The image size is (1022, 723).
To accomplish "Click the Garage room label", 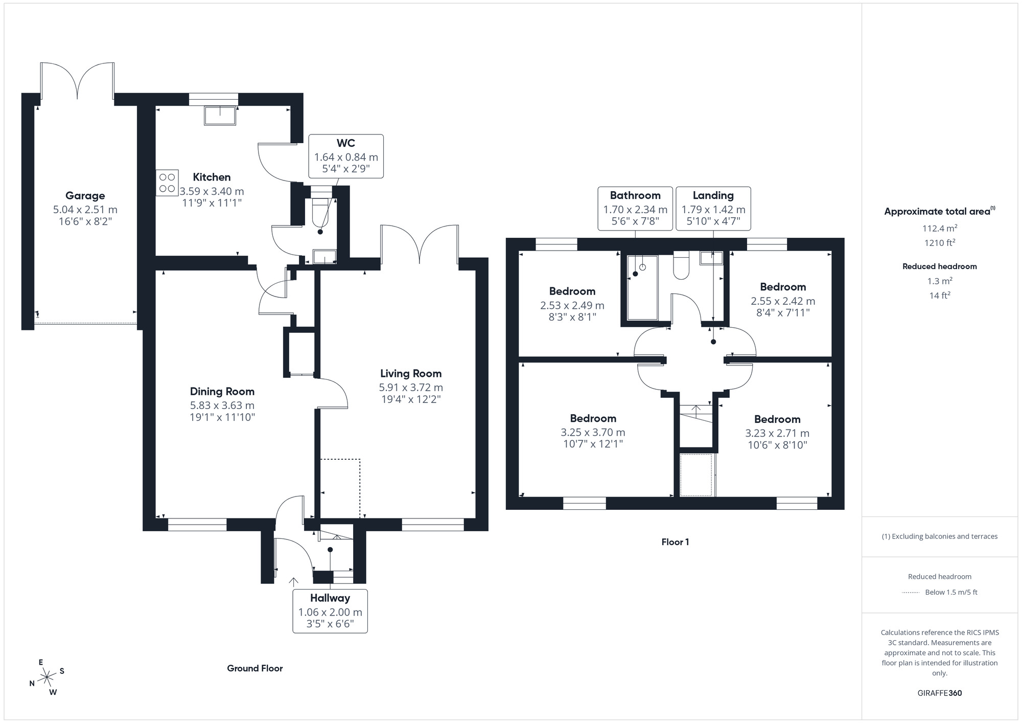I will pyautogui.click(x=85, y=195).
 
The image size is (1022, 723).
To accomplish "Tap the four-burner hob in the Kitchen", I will pyautogui.click(x=168, y=183).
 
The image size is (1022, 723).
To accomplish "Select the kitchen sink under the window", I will pyautogui.click(x=220, y=116).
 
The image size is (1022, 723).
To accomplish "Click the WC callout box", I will pyautogui.click(x=346, y=156).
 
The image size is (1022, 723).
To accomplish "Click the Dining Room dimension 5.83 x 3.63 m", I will pyautogui.click(x=222, y=405).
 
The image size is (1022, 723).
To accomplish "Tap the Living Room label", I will pyautogui.click(x=410, y=374).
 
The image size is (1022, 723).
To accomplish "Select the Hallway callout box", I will pyautogui.click(x=330, y=611).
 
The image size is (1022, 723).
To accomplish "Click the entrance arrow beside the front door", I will pyautogui.click(x=293, y=582).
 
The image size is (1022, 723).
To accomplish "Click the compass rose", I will pyautogui.click(x=47, y=677).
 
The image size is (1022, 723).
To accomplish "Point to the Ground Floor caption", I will pyautogui.click(x=254, y=668).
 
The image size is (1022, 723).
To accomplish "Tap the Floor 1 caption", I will pyautogui.click(x=675, y=542).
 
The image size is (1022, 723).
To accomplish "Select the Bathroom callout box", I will pyautogui.click(x=635, y=208).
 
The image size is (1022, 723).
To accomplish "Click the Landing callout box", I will pyautogui.click(x=713, y=208).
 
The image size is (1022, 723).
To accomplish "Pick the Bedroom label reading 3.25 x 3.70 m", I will pyautogui.click(x=593, y=432).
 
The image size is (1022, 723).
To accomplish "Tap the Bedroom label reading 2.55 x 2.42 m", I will pyautogui.click(x=782, y=301).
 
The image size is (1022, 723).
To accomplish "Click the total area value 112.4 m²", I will pyautogui.click(x=939, y=229).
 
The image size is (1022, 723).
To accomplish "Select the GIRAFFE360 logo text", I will pyautogui.click(x=939, y=693).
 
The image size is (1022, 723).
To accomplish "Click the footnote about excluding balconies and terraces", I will pyautogui.click(x=939, y=536).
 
